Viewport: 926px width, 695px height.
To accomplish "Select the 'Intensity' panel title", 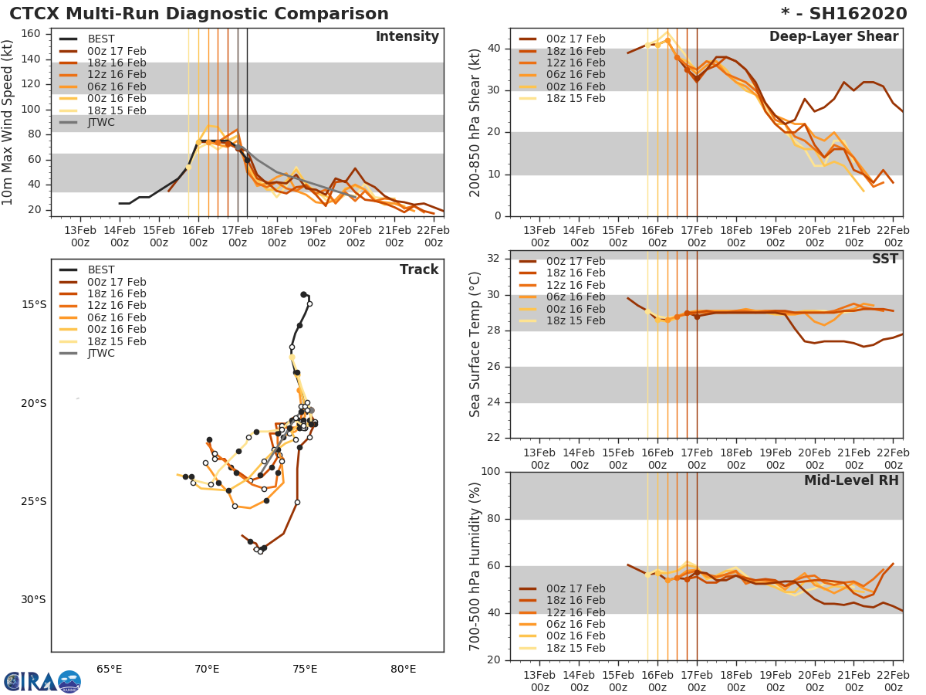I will tap(407, 37).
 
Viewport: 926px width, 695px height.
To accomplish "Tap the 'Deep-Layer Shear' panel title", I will tap(833, 37).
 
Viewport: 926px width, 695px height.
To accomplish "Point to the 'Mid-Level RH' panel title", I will tap(851, 480).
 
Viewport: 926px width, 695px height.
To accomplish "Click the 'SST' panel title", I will tap(886, 259).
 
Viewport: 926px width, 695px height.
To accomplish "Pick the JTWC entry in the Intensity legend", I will tap(101, 122).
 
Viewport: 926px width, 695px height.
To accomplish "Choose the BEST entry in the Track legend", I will tap(101, 270).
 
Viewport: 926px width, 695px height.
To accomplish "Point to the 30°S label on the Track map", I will tap(35, 599).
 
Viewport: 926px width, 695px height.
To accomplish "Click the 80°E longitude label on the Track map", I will tap(403, 669).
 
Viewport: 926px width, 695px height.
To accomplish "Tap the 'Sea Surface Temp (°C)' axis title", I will tap(475, 344).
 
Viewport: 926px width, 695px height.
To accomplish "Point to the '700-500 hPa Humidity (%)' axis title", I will tap(475, 565).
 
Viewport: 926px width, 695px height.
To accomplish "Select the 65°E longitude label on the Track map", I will tap(110, 669).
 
